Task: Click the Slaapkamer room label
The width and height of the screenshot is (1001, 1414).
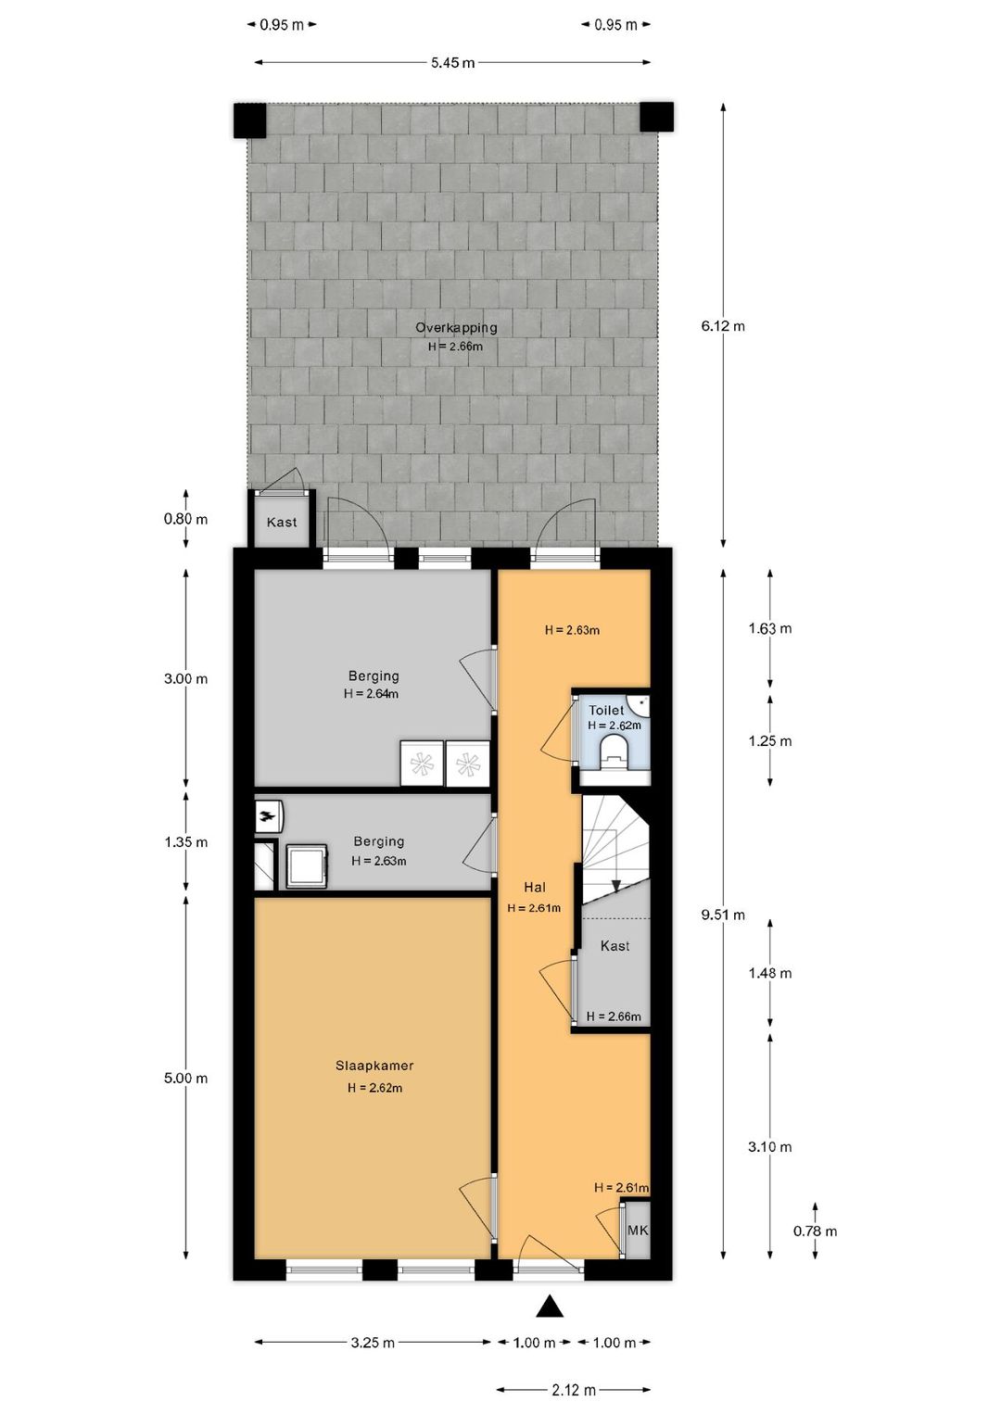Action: [374, 1066]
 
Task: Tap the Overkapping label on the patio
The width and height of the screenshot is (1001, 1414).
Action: [456, 327]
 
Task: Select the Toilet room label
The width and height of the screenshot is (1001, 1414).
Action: [606, 710]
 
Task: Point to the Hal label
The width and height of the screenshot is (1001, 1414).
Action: [535, 887]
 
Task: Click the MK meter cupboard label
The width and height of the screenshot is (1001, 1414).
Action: [638, 1231]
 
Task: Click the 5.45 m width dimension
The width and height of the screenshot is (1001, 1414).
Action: [452, 63]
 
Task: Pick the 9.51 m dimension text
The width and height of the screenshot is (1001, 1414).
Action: [723, 915]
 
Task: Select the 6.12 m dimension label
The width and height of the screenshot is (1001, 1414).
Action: [723, 326]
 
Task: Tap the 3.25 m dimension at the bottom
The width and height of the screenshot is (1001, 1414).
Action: [373, 1343]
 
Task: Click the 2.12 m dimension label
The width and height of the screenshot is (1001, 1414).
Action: [574, 1390]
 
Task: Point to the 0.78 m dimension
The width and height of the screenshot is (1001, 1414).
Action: [815, 1231]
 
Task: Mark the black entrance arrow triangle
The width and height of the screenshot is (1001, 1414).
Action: [550, 1307]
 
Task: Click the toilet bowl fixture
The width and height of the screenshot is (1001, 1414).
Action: [614, 751]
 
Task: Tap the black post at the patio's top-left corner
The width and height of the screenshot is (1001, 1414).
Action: [249, 120]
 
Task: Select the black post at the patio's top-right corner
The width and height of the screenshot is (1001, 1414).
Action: [656, 118]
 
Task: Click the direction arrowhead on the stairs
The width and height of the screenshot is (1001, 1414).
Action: [616, 886]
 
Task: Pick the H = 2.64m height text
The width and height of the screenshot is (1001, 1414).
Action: [371, 694]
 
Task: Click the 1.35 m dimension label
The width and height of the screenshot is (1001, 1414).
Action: [186, 842]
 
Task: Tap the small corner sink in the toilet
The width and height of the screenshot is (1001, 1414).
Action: [640, 704]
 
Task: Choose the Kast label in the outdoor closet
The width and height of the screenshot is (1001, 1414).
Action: [282, 523]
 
